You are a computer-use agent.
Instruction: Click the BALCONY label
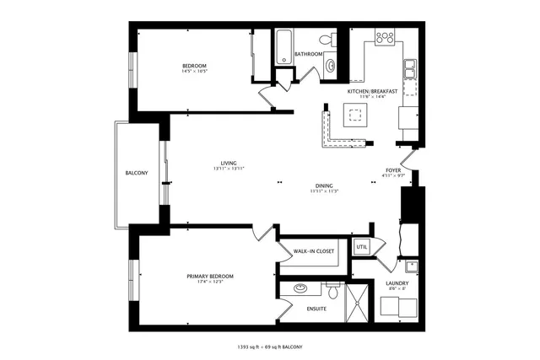(x=137, y=174)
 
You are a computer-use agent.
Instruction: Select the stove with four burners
(x=385, y=38)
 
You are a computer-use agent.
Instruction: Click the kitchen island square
(x=354, y=116)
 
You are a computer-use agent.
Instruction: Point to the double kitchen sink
(x=409, y=69)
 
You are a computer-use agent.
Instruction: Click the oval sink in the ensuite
(x=300, y=288)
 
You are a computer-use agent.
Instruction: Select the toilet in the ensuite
(x=332, y=293)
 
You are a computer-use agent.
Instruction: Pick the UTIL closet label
(x=362, y=247)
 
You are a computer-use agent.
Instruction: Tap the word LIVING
(x=228, y=163)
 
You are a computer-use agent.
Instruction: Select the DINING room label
(x=323, y=185)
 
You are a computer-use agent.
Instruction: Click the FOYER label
(x=393, y=169)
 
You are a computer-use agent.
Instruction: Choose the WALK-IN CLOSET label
(x=314, y=251)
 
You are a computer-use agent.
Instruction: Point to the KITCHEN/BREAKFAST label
(x=372, y=90)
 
